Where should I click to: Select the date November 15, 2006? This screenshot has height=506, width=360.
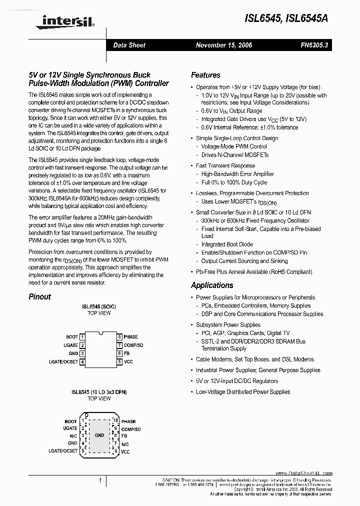point(224,45)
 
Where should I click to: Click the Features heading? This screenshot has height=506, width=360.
point(205,75)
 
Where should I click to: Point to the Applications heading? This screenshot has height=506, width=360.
point(212,285)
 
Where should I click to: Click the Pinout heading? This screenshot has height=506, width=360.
point(39,296)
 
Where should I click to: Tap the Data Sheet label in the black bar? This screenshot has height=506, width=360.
point(129,45)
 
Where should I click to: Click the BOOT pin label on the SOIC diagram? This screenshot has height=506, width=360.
point(72,337)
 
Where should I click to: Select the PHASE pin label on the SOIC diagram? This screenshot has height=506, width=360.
point(131,337)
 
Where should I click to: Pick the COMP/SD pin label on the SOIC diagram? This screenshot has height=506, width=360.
point(134,345)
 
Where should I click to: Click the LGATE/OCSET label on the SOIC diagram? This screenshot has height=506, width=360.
point(63,361)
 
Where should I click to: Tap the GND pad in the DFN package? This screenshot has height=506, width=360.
point(99,435)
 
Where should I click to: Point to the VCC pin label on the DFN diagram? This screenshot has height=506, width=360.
point(126,451)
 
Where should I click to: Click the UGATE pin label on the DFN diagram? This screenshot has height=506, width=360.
point(70,428)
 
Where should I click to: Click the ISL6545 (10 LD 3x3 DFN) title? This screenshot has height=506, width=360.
point(99,392)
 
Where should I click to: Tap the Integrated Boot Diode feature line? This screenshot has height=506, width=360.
point(227,244)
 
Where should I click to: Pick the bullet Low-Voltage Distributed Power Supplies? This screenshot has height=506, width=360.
point(243,392)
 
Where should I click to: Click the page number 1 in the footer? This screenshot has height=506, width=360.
point(100,480)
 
